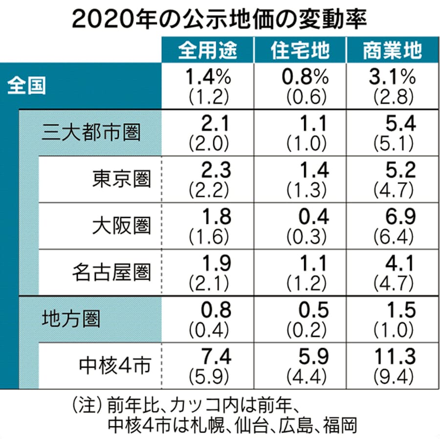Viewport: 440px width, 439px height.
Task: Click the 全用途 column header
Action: coord(208,50)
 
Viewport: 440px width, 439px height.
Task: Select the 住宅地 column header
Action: coord(300,50)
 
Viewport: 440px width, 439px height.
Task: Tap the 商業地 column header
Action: coord(393,50)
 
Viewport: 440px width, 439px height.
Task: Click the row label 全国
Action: coord(27,86)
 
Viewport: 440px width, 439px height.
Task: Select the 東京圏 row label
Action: coord(122,179)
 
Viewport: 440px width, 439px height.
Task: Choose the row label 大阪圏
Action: coord(122,225)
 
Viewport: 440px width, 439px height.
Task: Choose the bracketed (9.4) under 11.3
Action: coord(394,377)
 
